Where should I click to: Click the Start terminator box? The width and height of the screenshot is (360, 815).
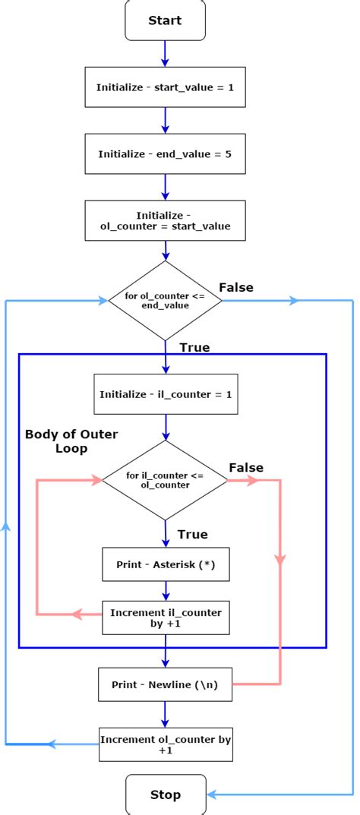165,21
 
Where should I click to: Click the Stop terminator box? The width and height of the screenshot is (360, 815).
165,794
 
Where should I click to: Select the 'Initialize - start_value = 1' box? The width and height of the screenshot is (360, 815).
165,87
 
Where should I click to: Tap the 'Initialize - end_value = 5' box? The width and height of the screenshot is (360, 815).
165,154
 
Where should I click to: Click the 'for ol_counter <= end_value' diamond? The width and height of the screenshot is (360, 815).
165,300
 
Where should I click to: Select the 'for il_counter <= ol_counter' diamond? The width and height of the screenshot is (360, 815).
165,480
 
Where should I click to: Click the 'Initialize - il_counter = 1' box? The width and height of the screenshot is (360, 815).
165,394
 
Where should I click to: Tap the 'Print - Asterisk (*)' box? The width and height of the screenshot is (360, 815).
165,564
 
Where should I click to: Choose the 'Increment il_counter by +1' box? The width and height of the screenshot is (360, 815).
165,618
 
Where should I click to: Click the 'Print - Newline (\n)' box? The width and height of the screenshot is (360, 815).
165,684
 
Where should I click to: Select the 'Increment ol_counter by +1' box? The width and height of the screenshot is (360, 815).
165,744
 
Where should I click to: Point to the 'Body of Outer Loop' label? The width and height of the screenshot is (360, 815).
71,441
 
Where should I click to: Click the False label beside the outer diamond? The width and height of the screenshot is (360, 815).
236,287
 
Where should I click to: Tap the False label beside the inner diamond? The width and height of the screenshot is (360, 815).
246,467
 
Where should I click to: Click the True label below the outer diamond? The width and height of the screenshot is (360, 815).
194,348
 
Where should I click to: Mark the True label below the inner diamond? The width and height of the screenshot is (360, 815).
192,535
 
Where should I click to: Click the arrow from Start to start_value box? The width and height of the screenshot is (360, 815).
165,53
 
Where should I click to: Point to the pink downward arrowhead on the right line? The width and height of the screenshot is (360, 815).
280,560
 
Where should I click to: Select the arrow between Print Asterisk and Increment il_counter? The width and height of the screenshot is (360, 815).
165,591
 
